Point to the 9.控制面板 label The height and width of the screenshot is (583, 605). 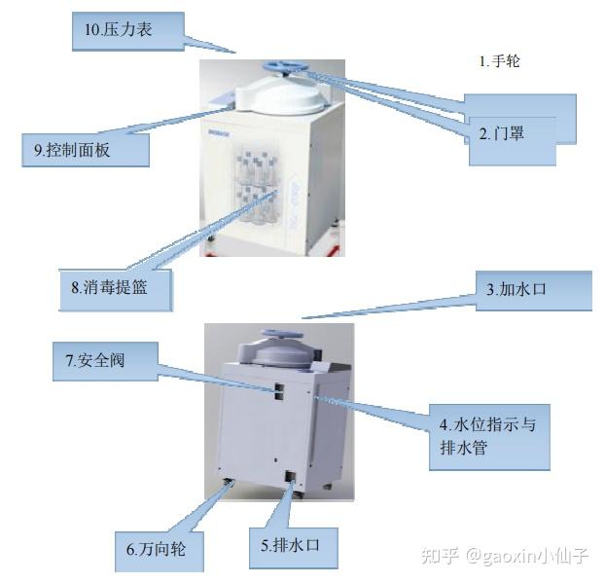85,150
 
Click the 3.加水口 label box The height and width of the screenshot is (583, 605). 532,290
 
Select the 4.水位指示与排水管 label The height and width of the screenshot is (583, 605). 488,438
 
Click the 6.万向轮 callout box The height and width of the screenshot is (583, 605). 161,552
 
